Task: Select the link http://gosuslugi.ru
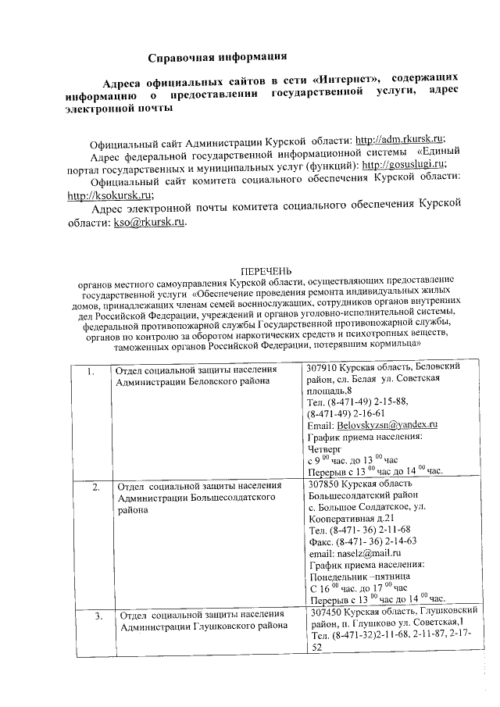tap(404, 165)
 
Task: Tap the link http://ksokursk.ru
tap(110, 196)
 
